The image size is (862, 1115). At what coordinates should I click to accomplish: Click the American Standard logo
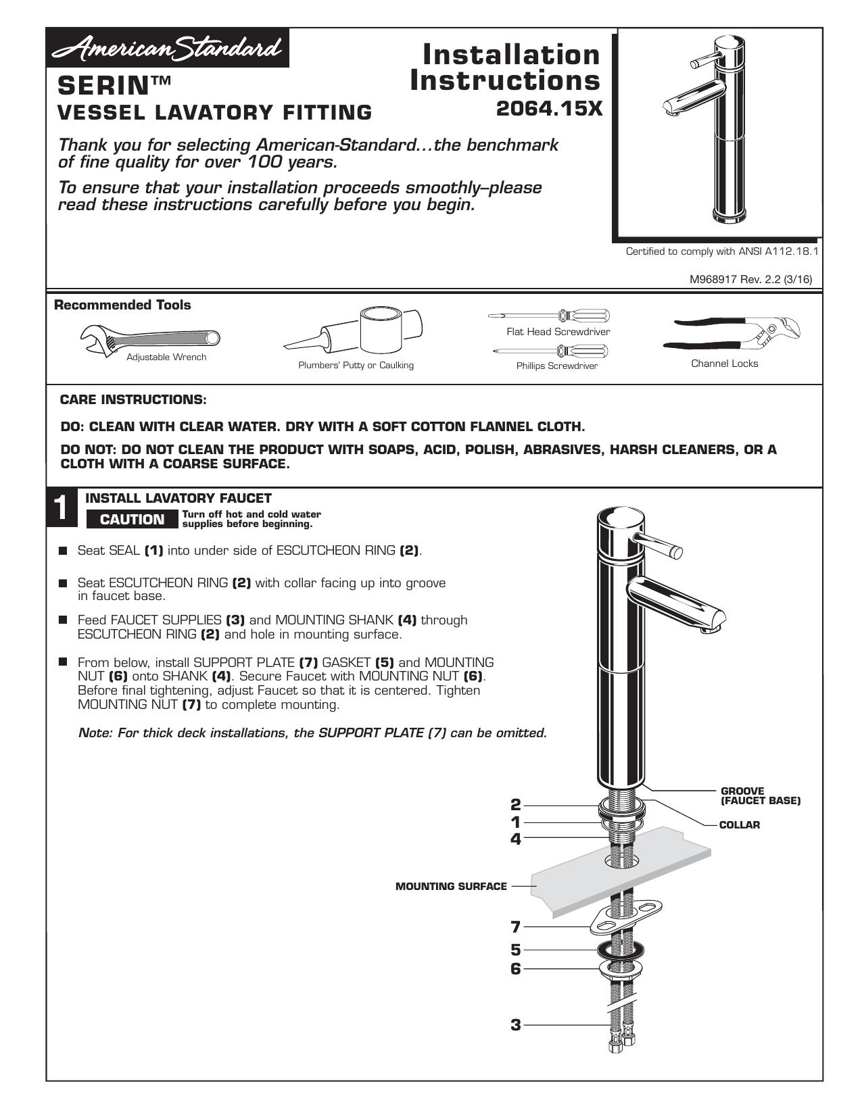tap(168, 48)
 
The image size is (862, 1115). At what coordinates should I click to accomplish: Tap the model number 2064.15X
tap(549, 109)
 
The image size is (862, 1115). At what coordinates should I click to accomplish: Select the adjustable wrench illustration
tap(150, 339)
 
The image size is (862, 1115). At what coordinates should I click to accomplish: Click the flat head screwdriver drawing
tap(549, 315)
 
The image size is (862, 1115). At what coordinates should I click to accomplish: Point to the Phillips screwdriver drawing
tap(550, 351)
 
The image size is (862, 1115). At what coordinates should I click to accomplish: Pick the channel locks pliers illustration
tap(731, 334)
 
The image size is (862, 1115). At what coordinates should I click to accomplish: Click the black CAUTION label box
tap(132, 519)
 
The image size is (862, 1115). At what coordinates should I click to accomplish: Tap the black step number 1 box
tap(62, 508)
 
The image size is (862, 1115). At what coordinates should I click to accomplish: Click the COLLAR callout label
tap(740, 825)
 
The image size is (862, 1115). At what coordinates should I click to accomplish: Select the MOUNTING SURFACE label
tap(451, 886)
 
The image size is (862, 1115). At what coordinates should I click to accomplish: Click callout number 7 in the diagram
tap(515, 926)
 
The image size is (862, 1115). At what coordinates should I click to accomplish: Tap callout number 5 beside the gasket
tap(515, 949)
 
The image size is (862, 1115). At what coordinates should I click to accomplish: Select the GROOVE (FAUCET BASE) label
tap(761, 796)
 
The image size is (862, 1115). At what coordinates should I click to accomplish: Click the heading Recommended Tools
tap(122, 305)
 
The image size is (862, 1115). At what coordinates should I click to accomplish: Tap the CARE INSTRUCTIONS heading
tap(133, 400)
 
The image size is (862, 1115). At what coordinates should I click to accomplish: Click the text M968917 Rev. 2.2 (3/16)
tap(750, 280)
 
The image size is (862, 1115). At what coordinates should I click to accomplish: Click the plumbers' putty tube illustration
tap(354, 330)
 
